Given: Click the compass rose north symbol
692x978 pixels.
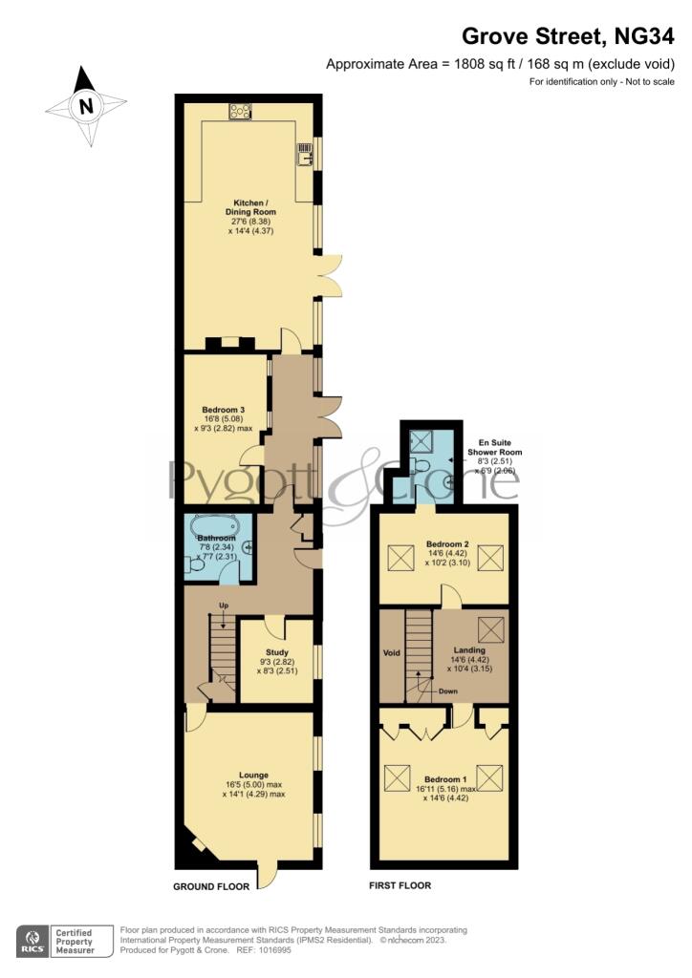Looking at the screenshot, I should (87, 106).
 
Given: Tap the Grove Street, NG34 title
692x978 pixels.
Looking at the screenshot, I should (570, 36).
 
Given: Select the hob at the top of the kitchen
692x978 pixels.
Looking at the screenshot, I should (240, 112).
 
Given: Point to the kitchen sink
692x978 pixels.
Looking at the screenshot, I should (305, 154).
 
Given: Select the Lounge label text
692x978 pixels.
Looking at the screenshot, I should (253, 775).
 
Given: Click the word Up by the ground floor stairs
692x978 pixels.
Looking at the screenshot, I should (224, 606).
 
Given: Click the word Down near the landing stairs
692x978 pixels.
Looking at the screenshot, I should (448, 691).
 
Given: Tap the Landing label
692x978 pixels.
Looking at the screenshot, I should (468, 649).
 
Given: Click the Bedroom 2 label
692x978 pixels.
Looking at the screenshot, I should (447, 545).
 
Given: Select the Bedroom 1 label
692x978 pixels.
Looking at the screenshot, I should (447, 779).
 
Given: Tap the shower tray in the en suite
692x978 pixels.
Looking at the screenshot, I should (422, 440).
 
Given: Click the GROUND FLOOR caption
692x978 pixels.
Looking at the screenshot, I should (210, 886).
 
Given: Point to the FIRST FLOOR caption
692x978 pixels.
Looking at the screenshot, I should (400, 885).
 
